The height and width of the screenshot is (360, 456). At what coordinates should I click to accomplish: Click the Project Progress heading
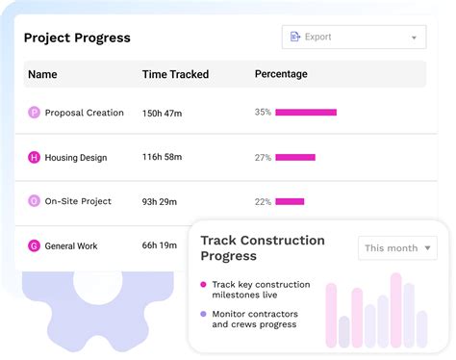77,38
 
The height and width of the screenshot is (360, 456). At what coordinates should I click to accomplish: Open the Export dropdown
353,38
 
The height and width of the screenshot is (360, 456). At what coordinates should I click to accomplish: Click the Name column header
42,74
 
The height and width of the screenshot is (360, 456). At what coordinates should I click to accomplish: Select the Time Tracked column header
175,74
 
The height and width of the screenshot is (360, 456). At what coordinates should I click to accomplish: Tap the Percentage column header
281,74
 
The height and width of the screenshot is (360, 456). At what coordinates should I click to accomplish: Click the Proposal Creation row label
85,113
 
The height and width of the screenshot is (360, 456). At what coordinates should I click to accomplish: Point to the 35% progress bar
306,113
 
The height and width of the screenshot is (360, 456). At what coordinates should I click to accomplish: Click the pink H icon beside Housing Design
35,157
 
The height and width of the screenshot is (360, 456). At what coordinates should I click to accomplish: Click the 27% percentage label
263,157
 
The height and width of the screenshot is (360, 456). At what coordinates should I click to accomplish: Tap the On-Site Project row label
78,201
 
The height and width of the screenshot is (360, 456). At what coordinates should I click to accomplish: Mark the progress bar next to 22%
290,201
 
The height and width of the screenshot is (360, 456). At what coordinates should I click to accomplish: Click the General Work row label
71,246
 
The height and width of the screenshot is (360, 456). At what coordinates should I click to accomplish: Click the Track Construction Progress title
263,247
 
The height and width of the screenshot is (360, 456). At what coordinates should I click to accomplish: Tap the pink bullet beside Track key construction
203,285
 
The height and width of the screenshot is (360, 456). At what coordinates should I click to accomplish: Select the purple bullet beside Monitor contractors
203,314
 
